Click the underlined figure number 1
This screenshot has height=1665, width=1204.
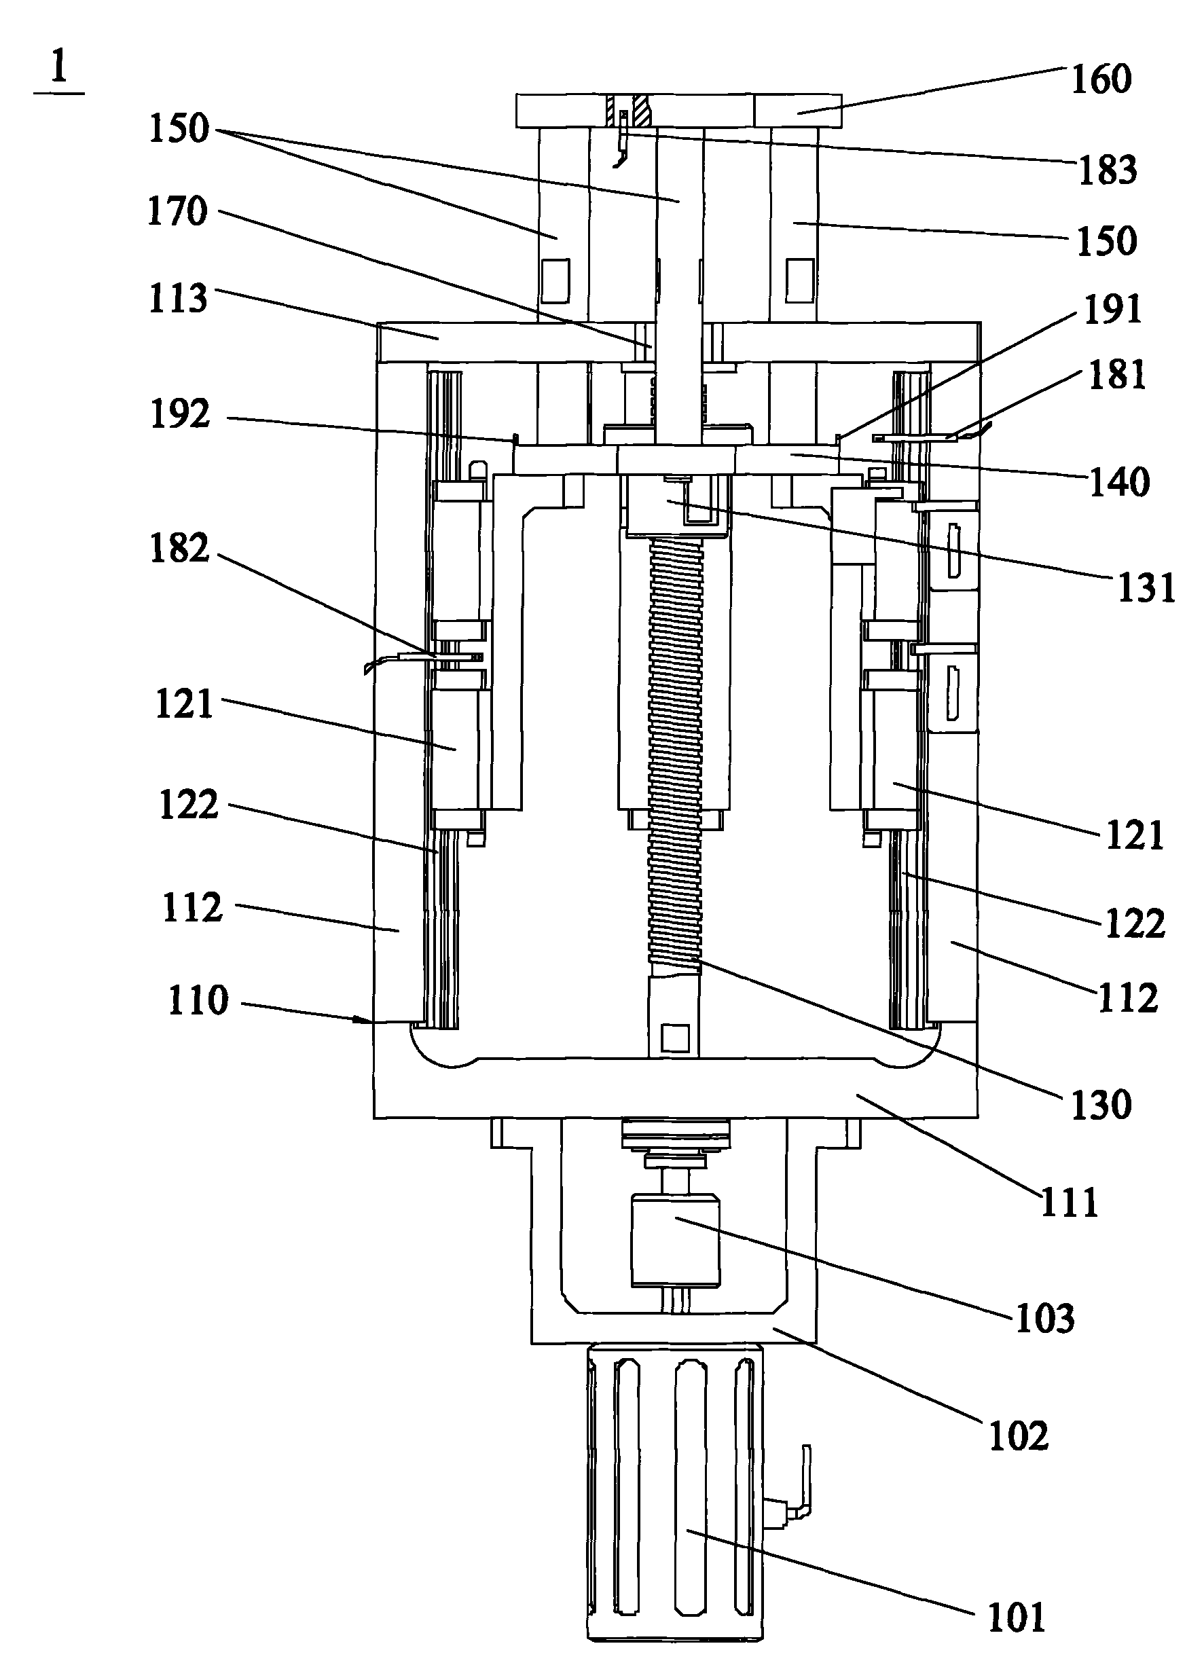[58, 69]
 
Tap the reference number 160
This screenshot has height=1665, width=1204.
[1101, 79]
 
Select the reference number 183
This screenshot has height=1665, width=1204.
[1108, 170]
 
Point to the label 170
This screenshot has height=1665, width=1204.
[177, 212]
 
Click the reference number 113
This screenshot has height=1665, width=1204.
[178, 299]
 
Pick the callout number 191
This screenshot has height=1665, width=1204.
[1113, 309]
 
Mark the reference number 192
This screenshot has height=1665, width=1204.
[180, 415]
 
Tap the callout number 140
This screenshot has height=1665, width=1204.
[1119, 482]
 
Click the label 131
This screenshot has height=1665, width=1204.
[1146, 588]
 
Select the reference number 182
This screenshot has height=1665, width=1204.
[179, 549]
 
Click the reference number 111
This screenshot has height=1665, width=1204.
[1070, 1202]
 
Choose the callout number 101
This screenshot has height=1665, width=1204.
[1016, 1617]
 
